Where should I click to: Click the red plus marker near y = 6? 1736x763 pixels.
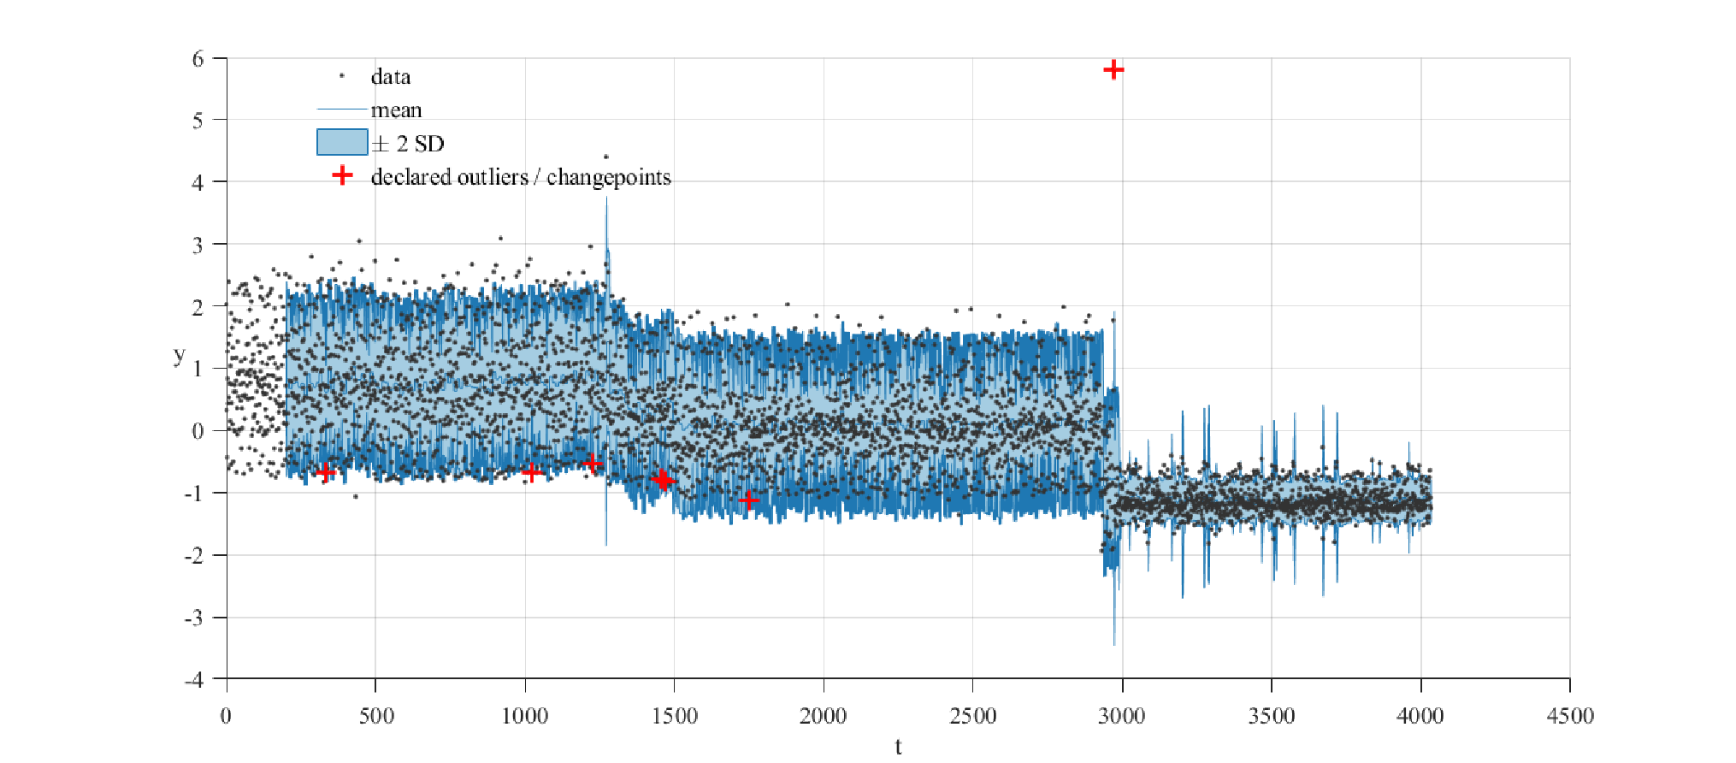1113,69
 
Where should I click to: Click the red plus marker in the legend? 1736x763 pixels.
342,175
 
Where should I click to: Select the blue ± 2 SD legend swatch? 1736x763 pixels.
342,142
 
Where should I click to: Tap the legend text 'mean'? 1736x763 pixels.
396,110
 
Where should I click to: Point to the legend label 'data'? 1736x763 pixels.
391,77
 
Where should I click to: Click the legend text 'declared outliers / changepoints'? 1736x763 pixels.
521,177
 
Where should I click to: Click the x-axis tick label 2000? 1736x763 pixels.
823,716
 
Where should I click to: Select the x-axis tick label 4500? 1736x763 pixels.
1570,716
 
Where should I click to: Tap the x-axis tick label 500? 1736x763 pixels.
375,716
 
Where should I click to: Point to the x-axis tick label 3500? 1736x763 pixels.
1272,716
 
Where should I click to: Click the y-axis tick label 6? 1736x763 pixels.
198,59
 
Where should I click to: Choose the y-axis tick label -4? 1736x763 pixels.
195,680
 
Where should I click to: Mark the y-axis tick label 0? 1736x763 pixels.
198,431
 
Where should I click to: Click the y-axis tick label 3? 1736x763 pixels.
198,245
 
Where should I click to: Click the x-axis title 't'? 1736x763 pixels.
898,747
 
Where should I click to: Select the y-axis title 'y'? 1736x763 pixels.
179,355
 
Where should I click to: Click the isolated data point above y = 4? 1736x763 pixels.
606,157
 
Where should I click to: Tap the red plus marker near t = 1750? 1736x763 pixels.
749,500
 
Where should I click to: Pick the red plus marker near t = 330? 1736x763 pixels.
325,472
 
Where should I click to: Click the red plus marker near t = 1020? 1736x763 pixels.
532,472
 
